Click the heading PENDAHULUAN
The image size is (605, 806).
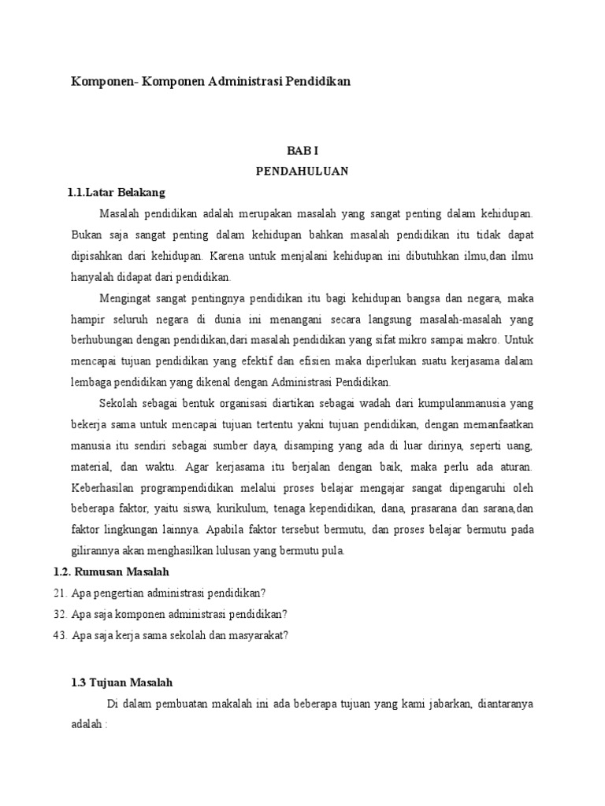point(302,171)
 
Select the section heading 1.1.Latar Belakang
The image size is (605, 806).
point(117,192)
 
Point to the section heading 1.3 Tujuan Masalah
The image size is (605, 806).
point(121,682)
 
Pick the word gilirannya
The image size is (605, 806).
point(96,550)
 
